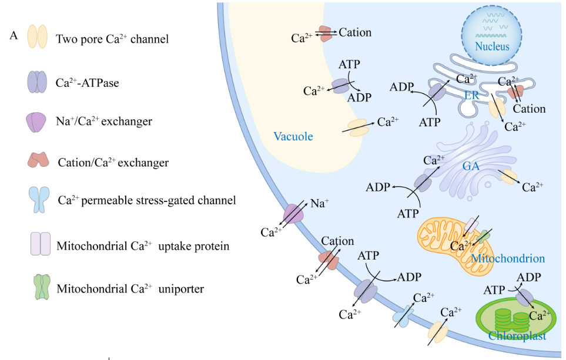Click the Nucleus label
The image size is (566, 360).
pos(492,46)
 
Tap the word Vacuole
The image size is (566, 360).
pos(293,137)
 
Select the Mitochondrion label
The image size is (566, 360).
pos(507,258)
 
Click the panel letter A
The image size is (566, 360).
pos(14,35)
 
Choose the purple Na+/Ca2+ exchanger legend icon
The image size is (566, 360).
pos(36,122)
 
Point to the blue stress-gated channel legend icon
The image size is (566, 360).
pos(37,200)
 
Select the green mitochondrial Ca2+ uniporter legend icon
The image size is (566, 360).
pos(41,288)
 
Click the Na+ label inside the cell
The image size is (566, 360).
pos(319,204)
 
